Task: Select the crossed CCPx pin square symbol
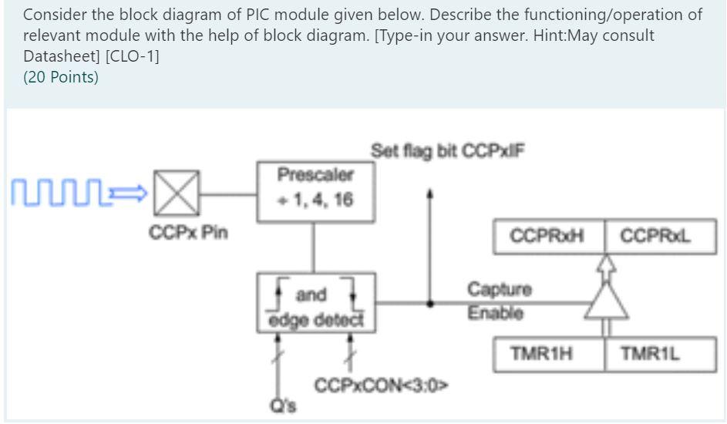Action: pos(178,190)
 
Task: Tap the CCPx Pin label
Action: pos(188,232)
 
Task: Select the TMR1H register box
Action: pos(548,354)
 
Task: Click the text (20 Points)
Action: pos(60,77)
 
